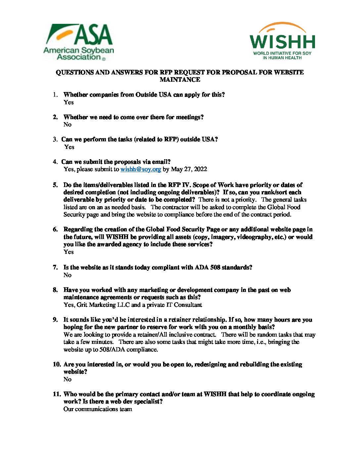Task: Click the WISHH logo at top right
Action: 282,41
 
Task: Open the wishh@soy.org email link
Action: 141,169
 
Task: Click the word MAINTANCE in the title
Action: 180,79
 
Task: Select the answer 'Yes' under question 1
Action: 68,102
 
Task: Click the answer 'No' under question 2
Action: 67,124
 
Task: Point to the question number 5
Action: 55,185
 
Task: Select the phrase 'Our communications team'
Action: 98,409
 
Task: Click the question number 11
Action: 57,394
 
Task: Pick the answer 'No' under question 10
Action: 67,379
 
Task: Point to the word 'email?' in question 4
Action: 161,162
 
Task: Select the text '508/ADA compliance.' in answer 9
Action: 129,349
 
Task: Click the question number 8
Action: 55,290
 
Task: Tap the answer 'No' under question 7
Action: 67,275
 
